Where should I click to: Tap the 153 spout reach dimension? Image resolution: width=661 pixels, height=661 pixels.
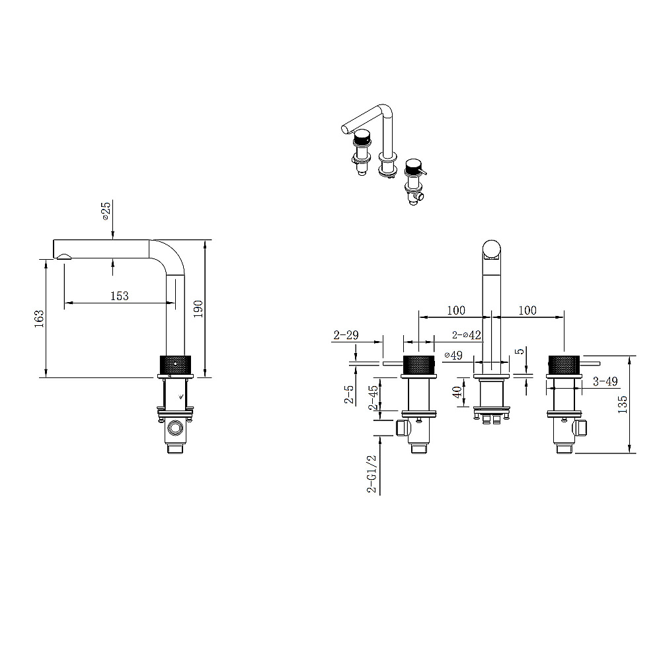pyautogui.click(x=119, y=296)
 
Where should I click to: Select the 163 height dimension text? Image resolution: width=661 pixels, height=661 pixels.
pyautogui.click(x=39, y=319)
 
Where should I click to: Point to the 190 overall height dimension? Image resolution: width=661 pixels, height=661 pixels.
pyautogui.click(x=198, y=309)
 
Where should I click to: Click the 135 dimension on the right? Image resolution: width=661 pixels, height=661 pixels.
pyautogui.click(x=622, y=405)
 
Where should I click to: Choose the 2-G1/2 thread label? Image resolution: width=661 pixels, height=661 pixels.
pyautogui.click(x=371, y=474)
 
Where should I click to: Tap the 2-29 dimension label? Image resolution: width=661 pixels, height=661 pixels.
pyautogui.click(x=346, y=335)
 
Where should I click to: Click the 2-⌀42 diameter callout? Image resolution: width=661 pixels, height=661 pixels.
pyautogui.click(x=466, y=335)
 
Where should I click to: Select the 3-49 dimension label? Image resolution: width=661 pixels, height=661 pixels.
pyautogui.click(x=605, y=381)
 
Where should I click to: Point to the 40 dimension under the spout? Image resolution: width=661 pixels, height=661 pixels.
pyautogui.click(x=457, y=392)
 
